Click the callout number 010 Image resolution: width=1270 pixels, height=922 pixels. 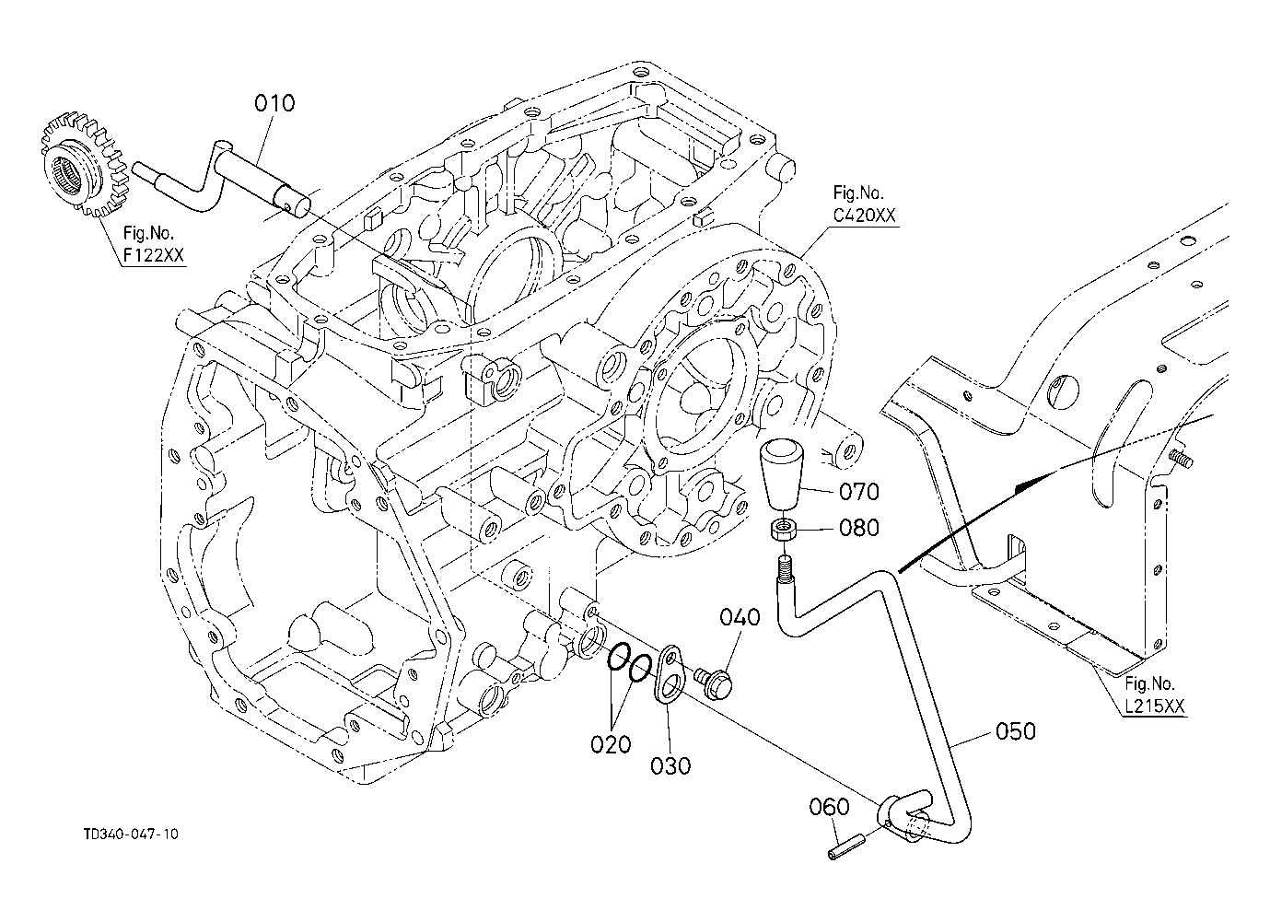pos(274,103)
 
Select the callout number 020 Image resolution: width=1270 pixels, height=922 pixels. pos(611,744)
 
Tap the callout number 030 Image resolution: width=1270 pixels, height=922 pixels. pos(670,766)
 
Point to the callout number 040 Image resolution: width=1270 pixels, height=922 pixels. pos(740,617)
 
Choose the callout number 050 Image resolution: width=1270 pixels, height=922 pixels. pos(1016,731)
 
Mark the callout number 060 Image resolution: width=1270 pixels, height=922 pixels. pos(829,807)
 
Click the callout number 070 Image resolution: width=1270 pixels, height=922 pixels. pos(859,492)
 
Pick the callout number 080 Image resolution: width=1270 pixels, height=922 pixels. pos(859,528)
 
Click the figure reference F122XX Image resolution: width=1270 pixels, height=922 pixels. pos(154,256)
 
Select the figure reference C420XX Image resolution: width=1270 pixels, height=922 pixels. pos(864,216)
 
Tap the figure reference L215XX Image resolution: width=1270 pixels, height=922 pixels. pos(1155,706)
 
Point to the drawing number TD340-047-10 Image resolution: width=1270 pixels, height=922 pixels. pos(131,834)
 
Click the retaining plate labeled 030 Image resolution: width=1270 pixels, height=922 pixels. pos(670,675)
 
